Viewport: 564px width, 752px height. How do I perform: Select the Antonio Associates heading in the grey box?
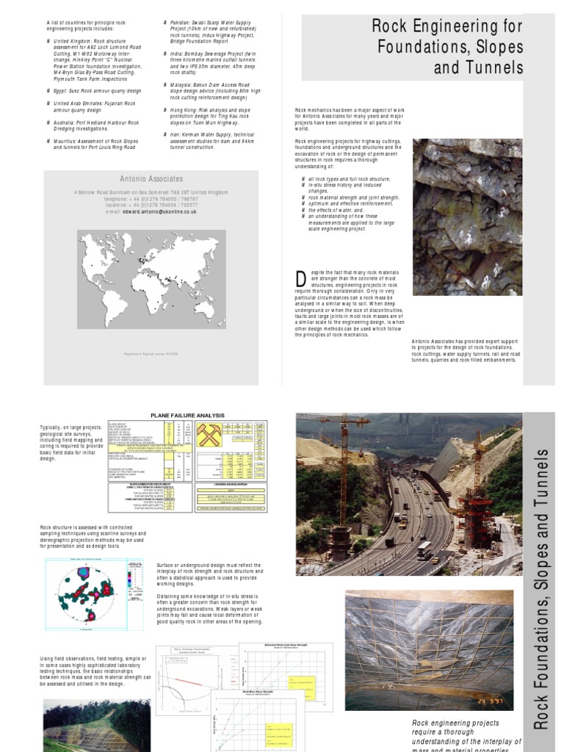[x=151, y=178]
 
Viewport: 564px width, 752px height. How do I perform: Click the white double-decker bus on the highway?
[x=424, y=549]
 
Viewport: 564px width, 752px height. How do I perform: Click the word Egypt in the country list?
[x=61, y=91]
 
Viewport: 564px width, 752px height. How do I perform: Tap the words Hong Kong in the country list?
[x=185, y=110]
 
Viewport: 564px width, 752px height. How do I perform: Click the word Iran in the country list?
[x=176, y=135]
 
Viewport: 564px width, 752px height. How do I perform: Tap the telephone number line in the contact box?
[x=151, y=198]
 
